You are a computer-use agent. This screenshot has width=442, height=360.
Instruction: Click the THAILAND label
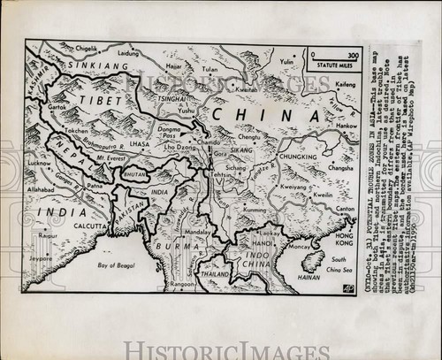coord(215,273)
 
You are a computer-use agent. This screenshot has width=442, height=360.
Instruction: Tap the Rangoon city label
coord(183,283)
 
